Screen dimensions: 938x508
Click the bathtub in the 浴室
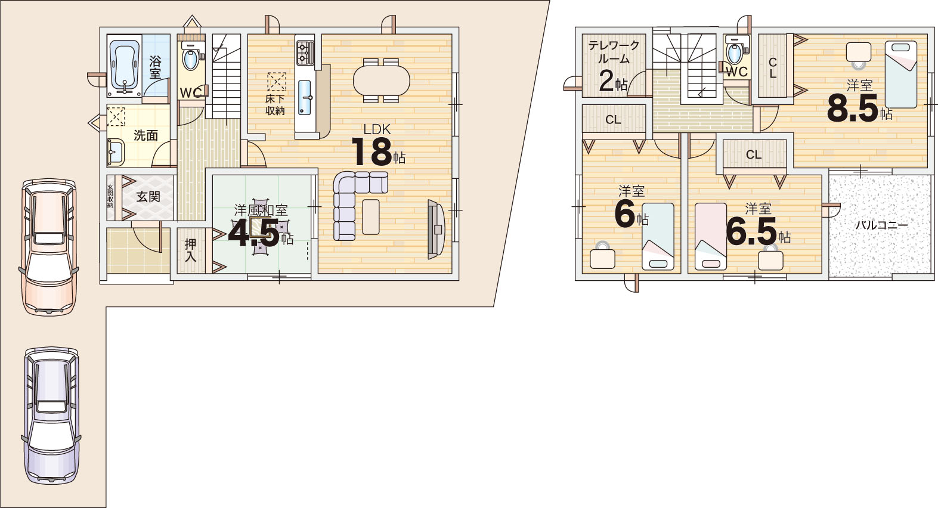coord(125,67)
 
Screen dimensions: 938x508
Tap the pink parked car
coord(49,247)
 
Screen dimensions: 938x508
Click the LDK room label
coord(377,129)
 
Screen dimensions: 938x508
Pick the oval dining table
coord(381,80)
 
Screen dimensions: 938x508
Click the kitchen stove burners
coord(305,52)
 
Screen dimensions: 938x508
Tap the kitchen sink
coord(305,98)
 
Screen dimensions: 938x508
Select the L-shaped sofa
coord(356,201)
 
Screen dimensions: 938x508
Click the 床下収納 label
coord(275,105)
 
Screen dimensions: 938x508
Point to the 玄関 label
coord(148,196)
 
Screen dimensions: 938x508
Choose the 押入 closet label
coord(191,250)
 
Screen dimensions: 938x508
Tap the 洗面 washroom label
coord(146,135)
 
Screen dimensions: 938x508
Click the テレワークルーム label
coord(614,52)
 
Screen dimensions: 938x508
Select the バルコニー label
coord(881,225)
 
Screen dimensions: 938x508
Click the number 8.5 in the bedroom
coord(853,108)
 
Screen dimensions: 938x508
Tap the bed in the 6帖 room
coord(658,236)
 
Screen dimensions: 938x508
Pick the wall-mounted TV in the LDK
coord(435,229)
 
